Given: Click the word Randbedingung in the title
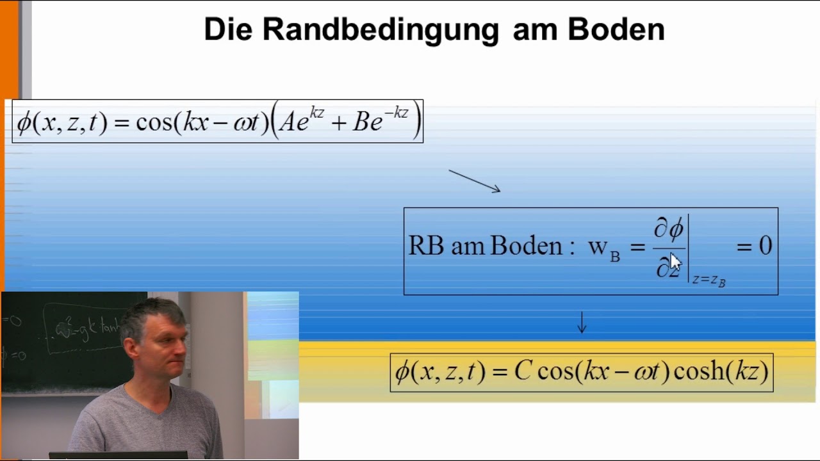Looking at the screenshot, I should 381,29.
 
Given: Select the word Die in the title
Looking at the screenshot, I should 227,29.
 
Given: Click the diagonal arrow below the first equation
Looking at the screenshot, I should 474,181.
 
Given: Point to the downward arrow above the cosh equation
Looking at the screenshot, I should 582,322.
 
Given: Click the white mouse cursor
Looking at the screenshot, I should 675,263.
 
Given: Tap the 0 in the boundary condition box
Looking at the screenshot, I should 765,246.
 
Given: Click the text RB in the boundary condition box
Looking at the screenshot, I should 425,247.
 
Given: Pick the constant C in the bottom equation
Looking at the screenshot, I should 523,372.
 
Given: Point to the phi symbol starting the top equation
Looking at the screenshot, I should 24,122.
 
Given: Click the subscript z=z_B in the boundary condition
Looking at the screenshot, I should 709,280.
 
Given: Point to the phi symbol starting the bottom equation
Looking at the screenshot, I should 402,372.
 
